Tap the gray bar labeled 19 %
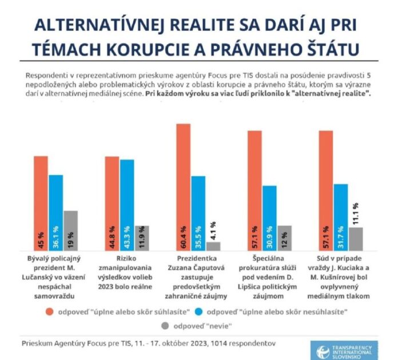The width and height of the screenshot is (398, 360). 70,229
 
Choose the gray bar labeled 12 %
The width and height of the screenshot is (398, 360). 284,236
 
